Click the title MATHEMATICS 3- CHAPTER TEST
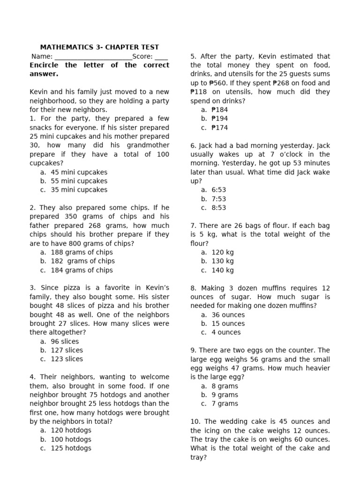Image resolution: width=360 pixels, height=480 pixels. pyautogui.click(x=99, y=47)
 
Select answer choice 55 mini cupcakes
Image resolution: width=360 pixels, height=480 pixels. pyautogui.click(x=79, y=181)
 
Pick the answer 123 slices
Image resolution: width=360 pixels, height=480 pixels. pyautogui.click(x=67, y=359)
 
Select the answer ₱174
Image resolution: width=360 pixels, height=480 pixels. pyautogui.click(x=219, y=127)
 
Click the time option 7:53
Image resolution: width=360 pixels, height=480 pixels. pyautogui.click(x=218, y=199)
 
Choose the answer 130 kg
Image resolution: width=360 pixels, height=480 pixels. pyautogui.click(x=222, y=261)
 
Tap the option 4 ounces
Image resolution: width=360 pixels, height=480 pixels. pyautogui.click(x=226, y=332)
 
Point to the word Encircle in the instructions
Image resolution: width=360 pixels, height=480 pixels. pyautogui.click(x=44, y=65)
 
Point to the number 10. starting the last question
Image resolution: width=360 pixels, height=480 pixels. pyautogui.click(x=196, y=421)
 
